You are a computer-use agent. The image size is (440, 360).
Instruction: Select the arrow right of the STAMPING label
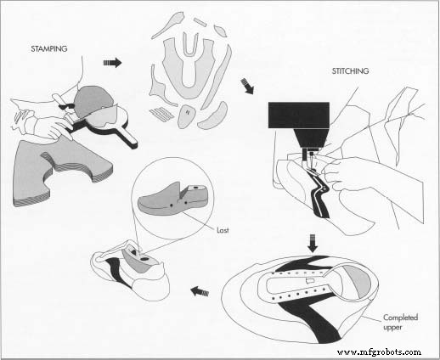[111, 62]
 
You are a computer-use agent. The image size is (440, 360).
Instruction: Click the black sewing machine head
[297, 117]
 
